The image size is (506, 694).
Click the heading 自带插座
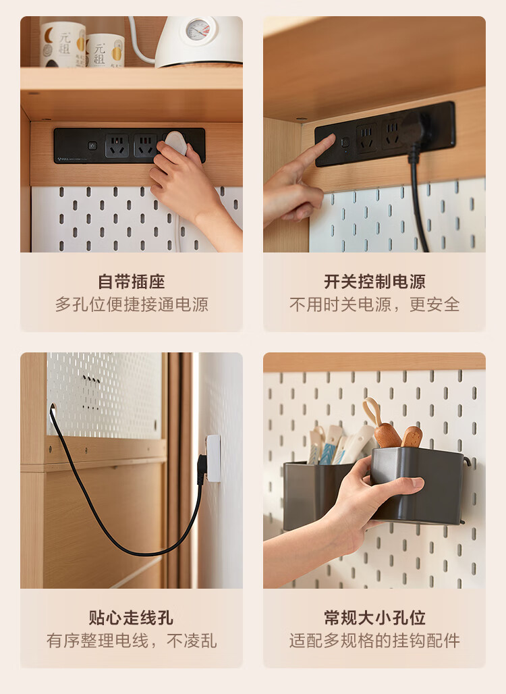pos(132,282)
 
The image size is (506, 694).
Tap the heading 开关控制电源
pos(374,282)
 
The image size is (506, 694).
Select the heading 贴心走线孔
pos(132,618)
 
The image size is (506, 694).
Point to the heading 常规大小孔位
pos(374,618)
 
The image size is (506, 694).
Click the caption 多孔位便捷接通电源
pos(132,304)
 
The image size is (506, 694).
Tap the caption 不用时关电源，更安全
pos(374,304)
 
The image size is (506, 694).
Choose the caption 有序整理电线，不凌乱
pos(132,641)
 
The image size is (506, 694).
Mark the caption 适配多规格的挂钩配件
pos(374,641)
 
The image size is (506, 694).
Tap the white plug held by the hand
pos(175,142)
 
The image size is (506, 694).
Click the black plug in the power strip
pos(414,126)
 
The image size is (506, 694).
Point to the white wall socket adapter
pos(213,458)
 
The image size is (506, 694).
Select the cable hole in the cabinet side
pos(53,408)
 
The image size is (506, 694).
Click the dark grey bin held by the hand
pos(416,485)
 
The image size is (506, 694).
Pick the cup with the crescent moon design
pos(63,45)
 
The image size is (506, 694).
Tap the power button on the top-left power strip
pos(92,145)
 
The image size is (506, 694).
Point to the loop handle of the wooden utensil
pos(372,411)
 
